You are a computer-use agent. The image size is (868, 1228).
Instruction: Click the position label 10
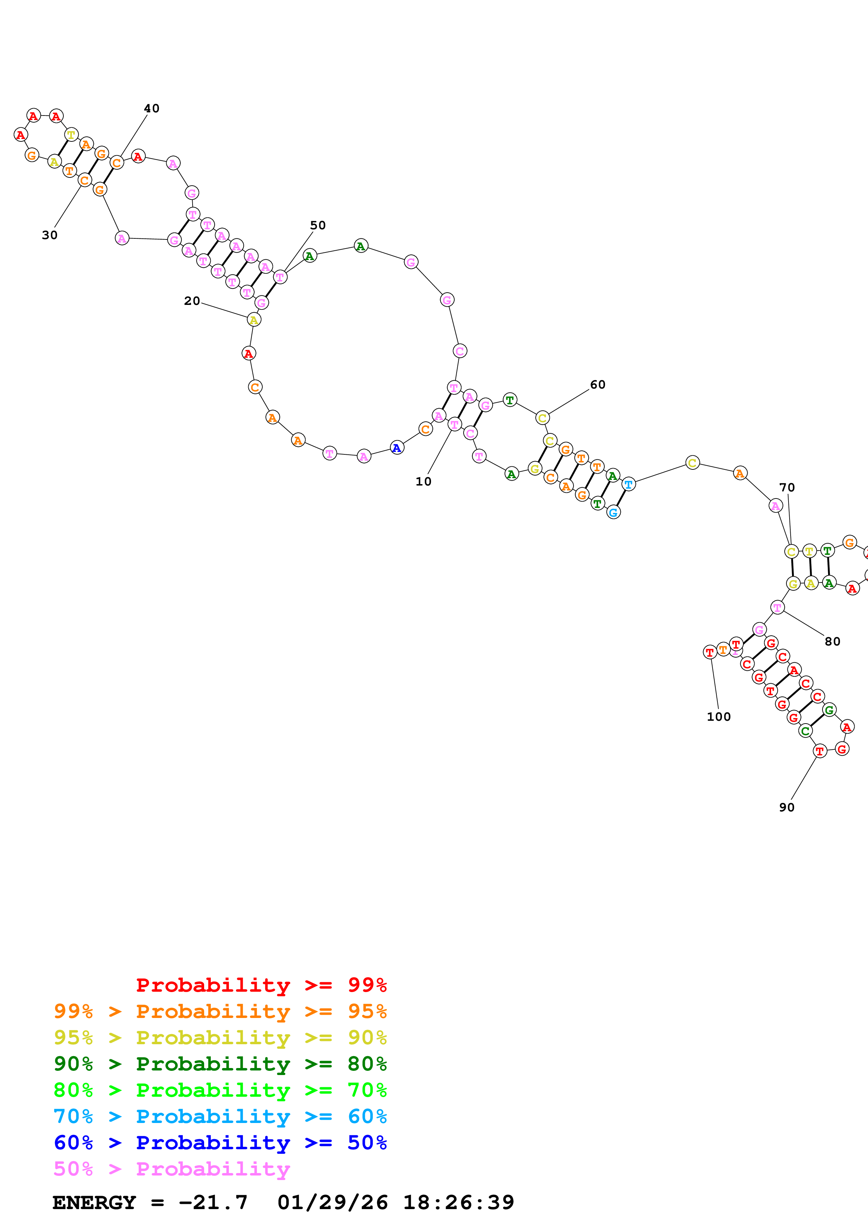pos(423,481)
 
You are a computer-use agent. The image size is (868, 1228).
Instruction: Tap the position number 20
pos(192,301)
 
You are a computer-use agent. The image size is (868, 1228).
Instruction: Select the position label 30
pos(50,235)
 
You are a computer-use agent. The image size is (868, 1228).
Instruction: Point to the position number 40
pos(151,108)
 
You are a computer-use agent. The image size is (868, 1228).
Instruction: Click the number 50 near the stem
pos(318,225)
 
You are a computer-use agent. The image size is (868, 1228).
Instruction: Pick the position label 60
pos(597,385)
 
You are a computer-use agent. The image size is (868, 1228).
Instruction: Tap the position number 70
pos(787,487)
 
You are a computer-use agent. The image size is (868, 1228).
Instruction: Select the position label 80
pos(832,641)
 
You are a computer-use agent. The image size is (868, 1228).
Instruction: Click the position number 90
pos(786,807)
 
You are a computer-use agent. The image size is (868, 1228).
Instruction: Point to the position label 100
pos(718,717)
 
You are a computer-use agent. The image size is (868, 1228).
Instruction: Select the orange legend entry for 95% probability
pos(220,1011)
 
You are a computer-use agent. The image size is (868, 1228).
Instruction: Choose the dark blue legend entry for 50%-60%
pos(220,1143)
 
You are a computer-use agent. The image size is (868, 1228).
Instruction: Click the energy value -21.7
pos(213,1202)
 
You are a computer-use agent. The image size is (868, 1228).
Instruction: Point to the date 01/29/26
pos(332,1202)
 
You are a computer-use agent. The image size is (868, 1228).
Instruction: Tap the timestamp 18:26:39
pos(458,1202)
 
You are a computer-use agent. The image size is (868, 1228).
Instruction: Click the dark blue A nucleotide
pos(396,448)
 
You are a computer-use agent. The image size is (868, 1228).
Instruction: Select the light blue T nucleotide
pos(629,484)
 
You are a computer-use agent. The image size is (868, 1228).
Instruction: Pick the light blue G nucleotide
pos(613,512)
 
